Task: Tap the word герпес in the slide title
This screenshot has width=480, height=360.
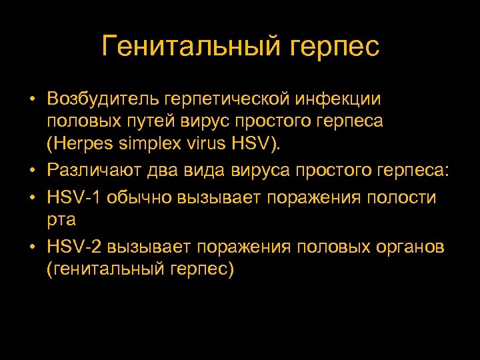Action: pyautogui.click(x=335, y=47)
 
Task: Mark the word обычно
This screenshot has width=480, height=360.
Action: pyautogui.click(x=141, y=198)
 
